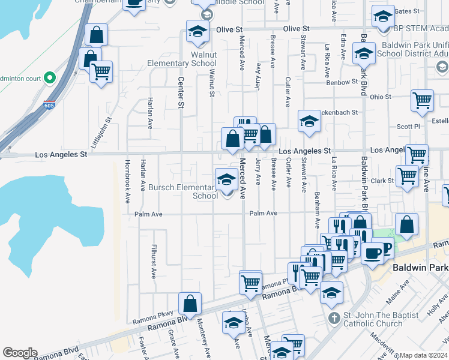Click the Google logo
point(20,353)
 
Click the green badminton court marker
point(50,77)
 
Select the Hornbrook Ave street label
point(127,175)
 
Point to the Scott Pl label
point(408,127)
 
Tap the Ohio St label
point(381,97)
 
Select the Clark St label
point(381,181)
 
